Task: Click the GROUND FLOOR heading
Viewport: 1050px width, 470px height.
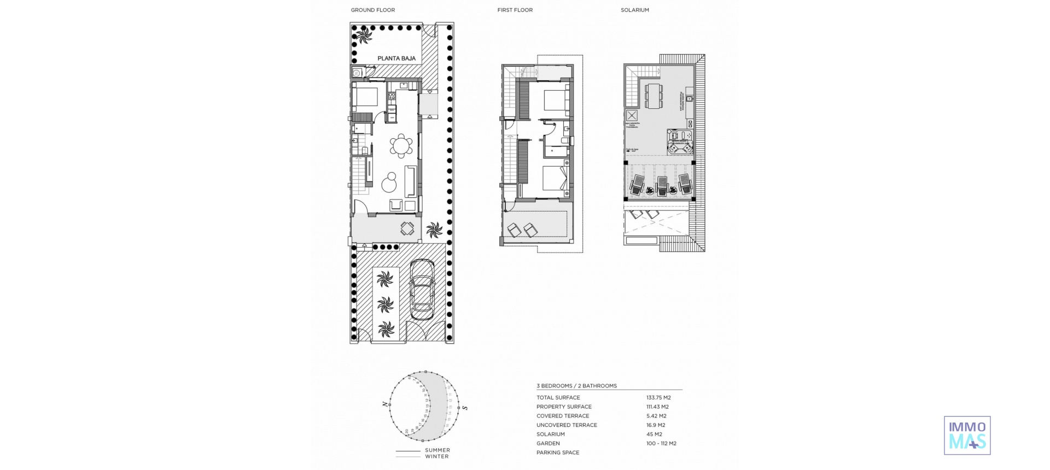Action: pyautogui.click(x=372, y=10)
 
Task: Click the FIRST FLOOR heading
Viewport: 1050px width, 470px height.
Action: pyautogui.click(x=515, y=10)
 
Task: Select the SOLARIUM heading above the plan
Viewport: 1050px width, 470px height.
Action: pyautogui.click(x=634, y=10)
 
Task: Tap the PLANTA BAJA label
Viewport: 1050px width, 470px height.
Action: pyautogui.click(x=396, y=58)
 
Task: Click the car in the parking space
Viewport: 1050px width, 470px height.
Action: pyautogui.click(x=422, y=290)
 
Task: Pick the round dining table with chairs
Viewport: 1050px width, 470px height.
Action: pyautogui.click(x=401, y=146)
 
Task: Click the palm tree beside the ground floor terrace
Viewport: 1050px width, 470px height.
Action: pyautogui.click(x=435, y=230)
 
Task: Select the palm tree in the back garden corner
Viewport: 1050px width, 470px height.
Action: pyautogui.click(x=364, y=37)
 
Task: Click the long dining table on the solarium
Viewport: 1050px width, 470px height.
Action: pyautogui.click(x=653, y=96)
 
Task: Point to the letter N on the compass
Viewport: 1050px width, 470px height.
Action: pyautogui.click(x=385, y=404)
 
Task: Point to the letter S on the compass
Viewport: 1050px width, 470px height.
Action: pyautogui.click(x=465, y=408)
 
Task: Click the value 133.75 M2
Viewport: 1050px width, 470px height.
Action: pyautogui.click(x=658, y=398)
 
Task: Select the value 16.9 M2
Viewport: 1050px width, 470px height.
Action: pyautogui.click(x=656, y=425)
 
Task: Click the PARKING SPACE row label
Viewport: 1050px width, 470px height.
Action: pyautogui.click(x=558, y=453)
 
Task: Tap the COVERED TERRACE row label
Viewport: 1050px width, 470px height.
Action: pyautogui.click(x=563, y=416)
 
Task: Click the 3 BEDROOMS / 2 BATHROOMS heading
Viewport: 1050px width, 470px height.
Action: pyautogui.click(x=576, y=386)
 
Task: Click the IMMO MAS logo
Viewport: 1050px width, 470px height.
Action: pyautogui.click(x=967, y=435)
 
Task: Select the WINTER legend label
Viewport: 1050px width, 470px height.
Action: pyautogui.click(x=436, y=456)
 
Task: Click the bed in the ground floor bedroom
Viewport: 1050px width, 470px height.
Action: pyautogui.click(x=365, y=97)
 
